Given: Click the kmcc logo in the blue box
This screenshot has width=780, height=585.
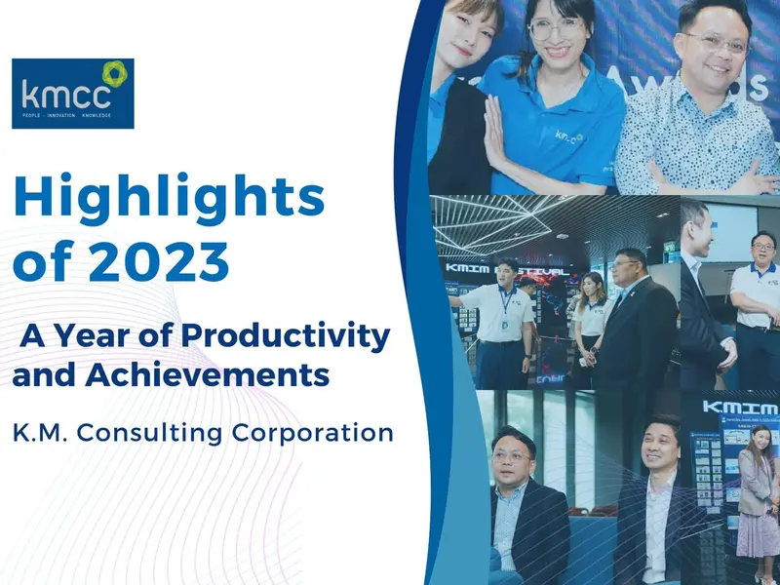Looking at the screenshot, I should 73,94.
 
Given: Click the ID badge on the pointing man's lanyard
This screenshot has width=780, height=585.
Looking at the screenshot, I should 504,321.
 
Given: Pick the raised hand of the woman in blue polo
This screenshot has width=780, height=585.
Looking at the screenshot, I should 492,129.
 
